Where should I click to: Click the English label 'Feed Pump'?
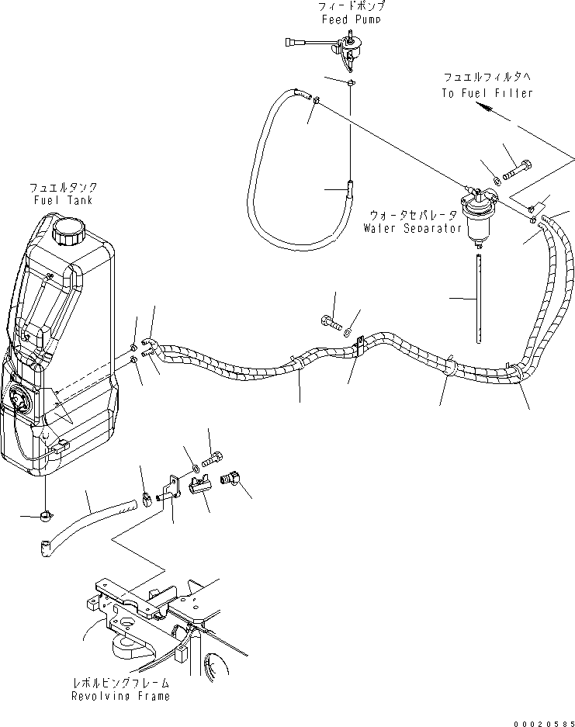click(x=352, y=19)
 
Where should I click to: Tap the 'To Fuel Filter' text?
click(x=487, y=93)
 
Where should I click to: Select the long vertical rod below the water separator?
click(x=480, y=295)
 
